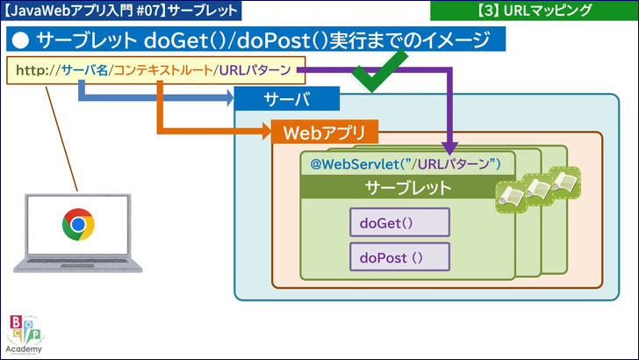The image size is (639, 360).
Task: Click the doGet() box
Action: [399, 222]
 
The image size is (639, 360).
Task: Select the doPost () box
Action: [399, 256]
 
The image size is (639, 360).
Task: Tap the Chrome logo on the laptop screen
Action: [78, 224]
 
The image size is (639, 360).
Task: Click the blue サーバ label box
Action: [288, 99]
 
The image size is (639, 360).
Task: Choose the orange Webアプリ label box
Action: [325, 133]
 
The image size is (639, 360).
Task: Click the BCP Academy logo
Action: [26, 333]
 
